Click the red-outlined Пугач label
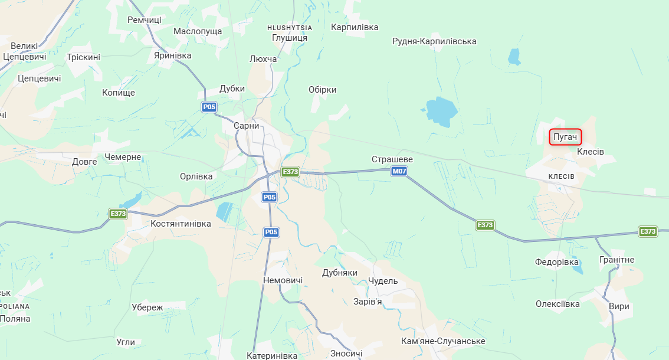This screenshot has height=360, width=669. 565,138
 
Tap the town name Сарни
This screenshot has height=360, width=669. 246,126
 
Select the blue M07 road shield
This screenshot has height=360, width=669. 399,172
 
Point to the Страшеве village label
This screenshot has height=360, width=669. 392,159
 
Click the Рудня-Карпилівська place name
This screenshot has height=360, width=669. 434,41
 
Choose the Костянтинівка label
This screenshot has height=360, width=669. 181,224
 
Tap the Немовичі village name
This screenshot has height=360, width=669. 283,280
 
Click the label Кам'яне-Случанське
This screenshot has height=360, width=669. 443,341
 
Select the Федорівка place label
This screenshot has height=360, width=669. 556,261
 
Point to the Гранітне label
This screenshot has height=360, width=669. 616,260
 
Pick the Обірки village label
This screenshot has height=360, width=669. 322,90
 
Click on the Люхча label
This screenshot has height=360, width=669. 263,59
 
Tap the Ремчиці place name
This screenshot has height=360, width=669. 145,20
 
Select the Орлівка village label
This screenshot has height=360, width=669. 196,176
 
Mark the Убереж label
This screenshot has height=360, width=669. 147,307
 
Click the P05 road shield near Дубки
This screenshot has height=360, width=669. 209,107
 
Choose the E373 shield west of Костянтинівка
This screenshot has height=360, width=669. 118,214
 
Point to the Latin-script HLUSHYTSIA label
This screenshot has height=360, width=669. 290,28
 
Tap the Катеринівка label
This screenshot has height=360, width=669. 272,355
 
